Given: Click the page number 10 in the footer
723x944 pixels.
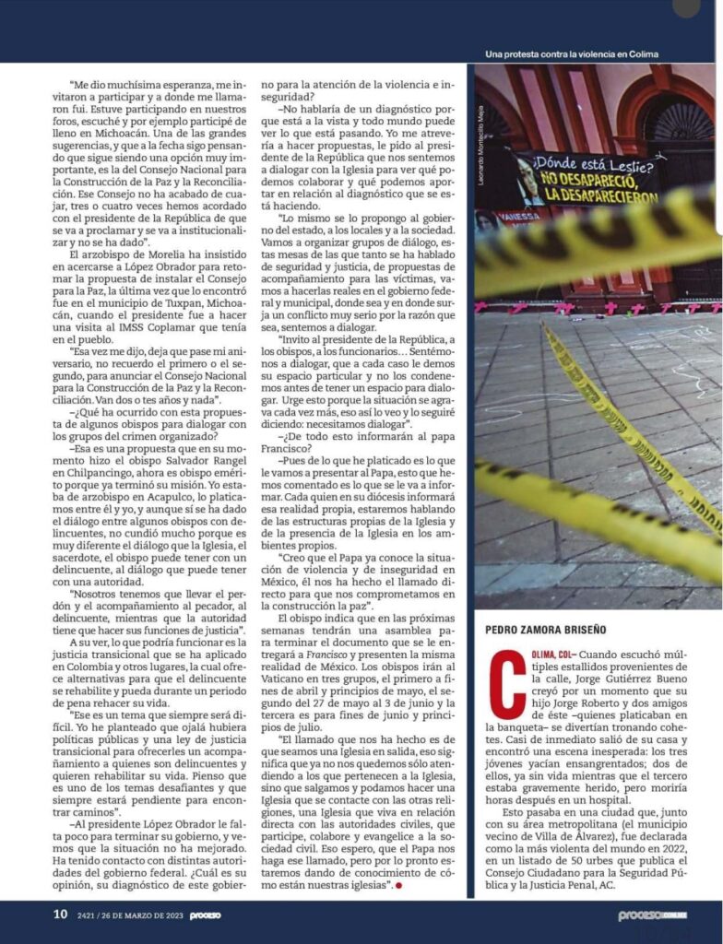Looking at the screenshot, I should (59, 914).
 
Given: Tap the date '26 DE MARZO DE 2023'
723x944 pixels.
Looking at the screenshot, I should (143, 915).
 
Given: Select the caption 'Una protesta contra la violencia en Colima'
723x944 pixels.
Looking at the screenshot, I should (572, 53).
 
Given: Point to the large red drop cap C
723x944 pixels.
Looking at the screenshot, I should (501, 684).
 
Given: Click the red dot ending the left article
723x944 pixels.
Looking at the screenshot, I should (399, 885).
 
